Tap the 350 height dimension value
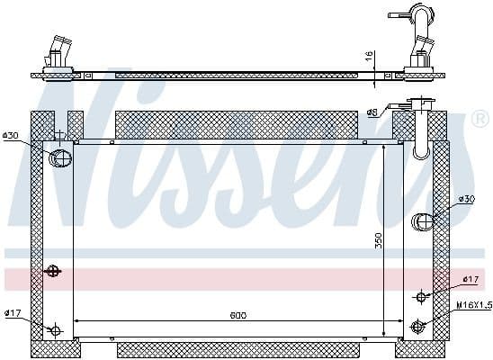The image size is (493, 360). tap(379, 240)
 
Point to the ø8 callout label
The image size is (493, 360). tap(372, 112)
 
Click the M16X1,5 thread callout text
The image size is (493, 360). tap(474, 305)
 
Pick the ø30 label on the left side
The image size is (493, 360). tap(11, 135)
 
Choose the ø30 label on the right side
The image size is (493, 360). tap(466, 198)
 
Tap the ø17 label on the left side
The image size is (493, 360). tap(12, 313)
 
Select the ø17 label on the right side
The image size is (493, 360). tap(470, 279)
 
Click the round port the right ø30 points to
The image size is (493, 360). tap(422, 221)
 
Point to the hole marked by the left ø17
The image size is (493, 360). tap(55, 330)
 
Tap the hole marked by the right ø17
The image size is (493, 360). tap(421, 296)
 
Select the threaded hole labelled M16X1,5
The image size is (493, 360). tap(417, 326)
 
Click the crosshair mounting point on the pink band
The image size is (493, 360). tap(53, 271)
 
